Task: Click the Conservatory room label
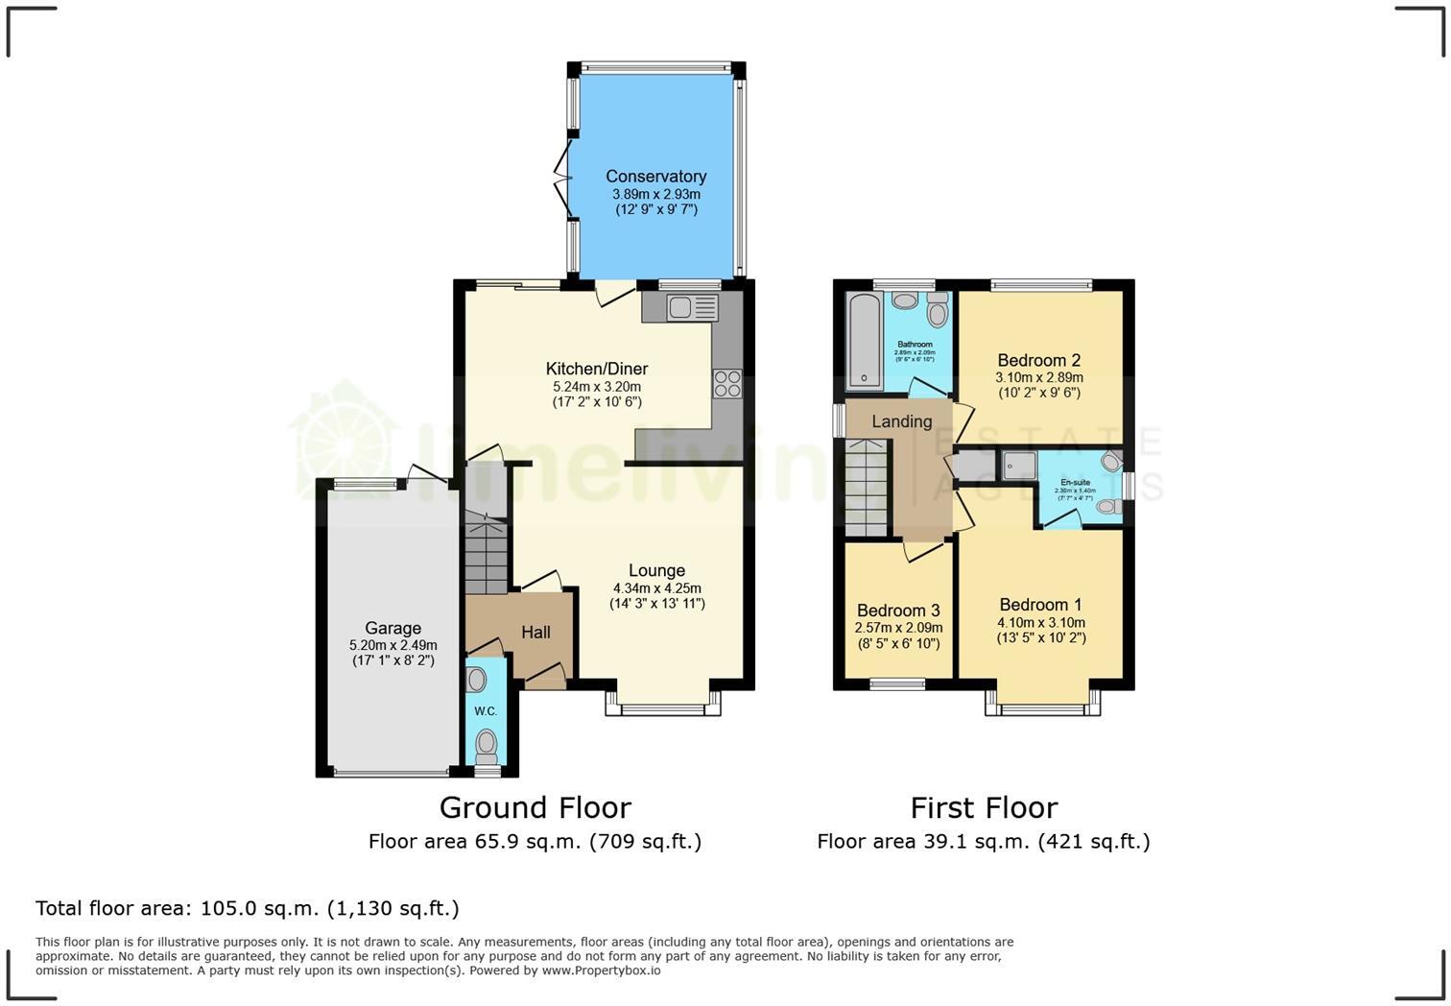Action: point(655,177)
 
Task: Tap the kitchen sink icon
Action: point(693,307)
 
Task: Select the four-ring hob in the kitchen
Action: point(727,383)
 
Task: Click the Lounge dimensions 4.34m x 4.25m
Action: point(656,588)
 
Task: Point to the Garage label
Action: point(392,629)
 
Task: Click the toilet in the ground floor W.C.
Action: point(487,742)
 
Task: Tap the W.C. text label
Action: point(486,711)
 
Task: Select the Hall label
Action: point(535,633)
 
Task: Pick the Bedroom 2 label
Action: point(1038,361)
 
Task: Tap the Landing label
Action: point(901,421)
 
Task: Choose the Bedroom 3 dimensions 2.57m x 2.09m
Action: point(897,628)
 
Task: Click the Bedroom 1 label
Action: point(1040,605)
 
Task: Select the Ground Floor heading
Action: point(535,807)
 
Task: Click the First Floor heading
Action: point(984,807)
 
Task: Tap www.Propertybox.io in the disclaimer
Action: point(601,970)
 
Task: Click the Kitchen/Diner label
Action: point(596,370)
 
